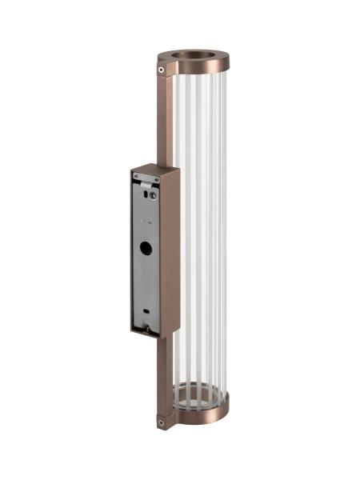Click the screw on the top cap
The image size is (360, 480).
(x=162, y=70)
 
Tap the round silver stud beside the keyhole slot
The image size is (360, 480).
(x=153, y=192)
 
